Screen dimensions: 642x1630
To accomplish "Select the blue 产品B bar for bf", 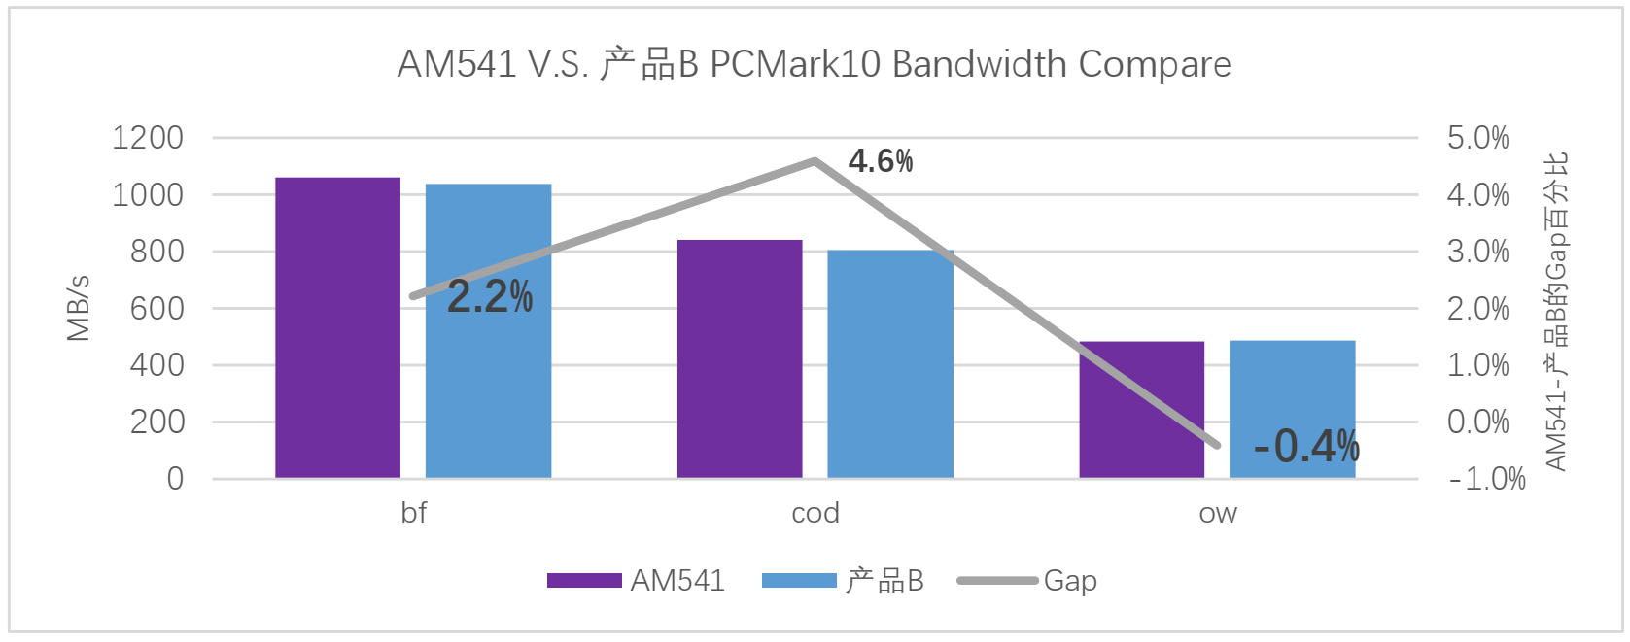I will (488, 389).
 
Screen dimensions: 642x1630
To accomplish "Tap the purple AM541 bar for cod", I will (740, 358).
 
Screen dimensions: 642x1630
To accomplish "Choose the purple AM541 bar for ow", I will (1141, 409).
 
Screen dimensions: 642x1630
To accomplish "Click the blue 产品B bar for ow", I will (1292, 389).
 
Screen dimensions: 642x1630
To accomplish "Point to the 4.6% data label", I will (881, 161).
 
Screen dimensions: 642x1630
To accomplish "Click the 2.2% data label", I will (490, 297).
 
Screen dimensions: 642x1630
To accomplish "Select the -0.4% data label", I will (1306, 447).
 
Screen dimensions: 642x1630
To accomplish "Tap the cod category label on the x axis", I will (815, 513).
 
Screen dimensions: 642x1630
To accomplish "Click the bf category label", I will (413, 513).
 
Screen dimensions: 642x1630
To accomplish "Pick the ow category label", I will (1218, 513).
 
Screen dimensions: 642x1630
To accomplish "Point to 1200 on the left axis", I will (148, 138).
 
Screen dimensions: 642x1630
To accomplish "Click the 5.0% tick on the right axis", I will (1477, 138).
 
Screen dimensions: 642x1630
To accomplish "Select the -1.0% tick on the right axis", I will (1487, 479).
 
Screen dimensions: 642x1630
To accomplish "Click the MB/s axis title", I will (78, 308).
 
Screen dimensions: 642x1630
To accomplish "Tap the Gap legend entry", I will (1069, 581).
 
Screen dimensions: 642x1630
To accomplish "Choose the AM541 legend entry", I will (677, 581).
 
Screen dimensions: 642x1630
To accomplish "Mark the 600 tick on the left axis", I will (156, 309).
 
